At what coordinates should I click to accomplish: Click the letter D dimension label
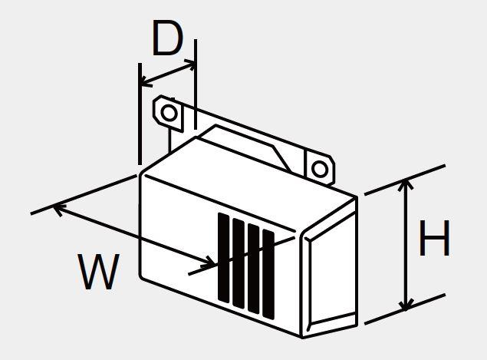point(167,38)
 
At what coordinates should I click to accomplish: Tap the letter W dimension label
point(99,272)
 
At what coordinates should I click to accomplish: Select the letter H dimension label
point(434,238)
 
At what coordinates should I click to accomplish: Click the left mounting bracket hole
point(169,113)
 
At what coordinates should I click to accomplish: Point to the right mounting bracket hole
point(320,170)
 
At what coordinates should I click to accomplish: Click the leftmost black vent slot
point(224,257)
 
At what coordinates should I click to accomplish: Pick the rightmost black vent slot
point(268,274)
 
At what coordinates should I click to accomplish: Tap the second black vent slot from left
point(239,263)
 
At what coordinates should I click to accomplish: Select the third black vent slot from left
point(254,269)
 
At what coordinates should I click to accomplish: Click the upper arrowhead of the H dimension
point(405,184)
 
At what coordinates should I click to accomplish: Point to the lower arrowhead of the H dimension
point(405,306)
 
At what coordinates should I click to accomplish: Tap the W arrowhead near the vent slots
point(209,263)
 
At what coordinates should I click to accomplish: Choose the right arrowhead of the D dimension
point(190,64)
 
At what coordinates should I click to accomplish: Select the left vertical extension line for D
point(140,114)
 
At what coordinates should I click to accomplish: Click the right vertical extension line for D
point(196,84)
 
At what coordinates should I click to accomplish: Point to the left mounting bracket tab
point(168,114)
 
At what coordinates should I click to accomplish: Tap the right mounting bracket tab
point(320,168)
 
